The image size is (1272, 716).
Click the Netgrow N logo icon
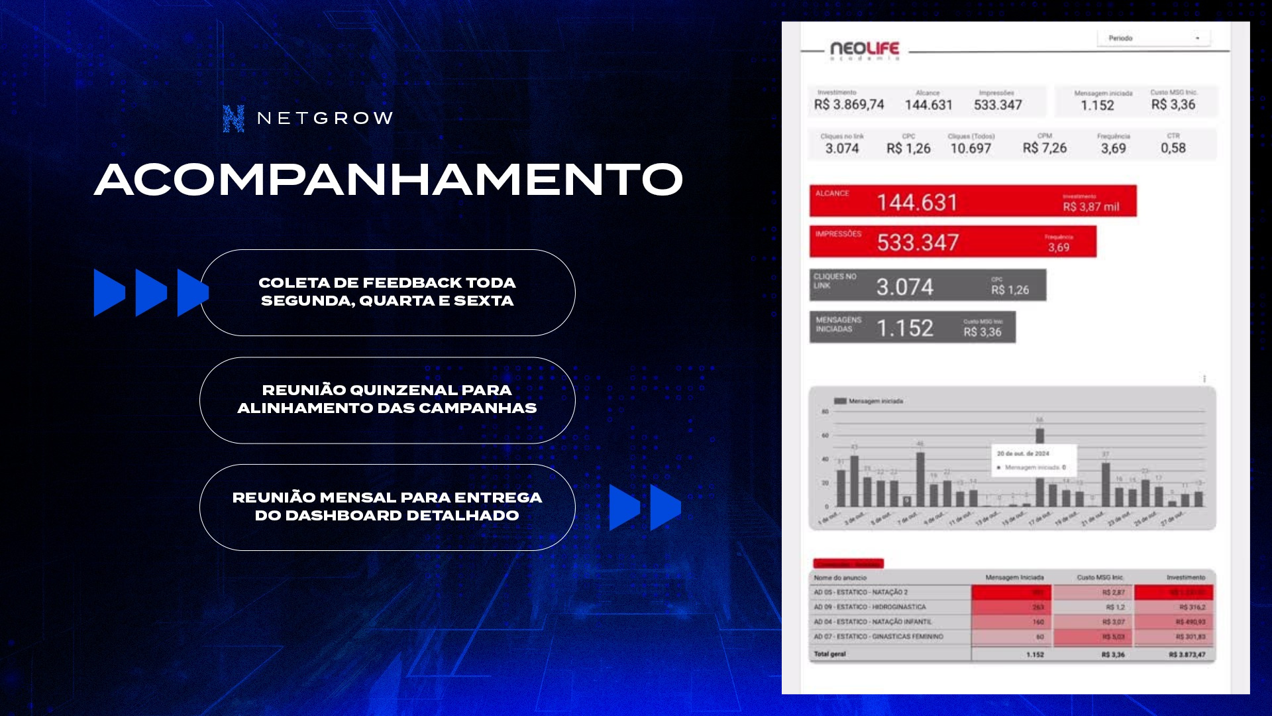[x=233, y=119]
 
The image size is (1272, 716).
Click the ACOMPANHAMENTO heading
[x=388, y=180]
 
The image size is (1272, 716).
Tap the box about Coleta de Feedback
[x=387, y=292]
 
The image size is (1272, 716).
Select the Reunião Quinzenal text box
[x=387, y=400]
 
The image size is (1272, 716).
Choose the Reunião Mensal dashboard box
[x=387, y=507]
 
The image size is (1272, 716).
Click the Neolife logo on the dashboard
[x=864, y=50]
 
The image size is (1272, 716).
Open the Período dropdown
[x=1153, y=38]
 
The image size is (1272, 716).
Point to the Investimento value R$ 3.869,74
[x=849, y=105]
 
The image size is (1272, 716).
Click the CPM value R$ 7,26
[x=1044, y=148]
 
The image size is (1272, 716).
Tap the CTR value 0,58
[x=1173, y=148]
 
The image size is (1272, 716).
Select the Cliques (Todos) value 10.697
[x=971, y=148]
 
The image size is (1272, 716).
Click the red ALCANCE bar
[x=973, y=201]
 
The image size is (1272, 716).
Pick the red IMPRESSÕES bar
[x=953, y=241]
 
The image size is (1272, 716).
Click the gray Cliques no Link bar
[x=927, y=285]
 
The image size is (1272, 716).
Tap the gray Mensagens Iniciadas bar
[x=912, y=327]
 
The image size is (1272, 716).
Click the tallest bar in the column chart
[x=1039, y=436]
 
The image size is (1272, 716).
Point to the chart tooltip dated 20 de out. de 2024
[x=1033, y=460]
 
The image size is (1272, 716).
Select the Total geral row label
[x=829, y=654]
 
